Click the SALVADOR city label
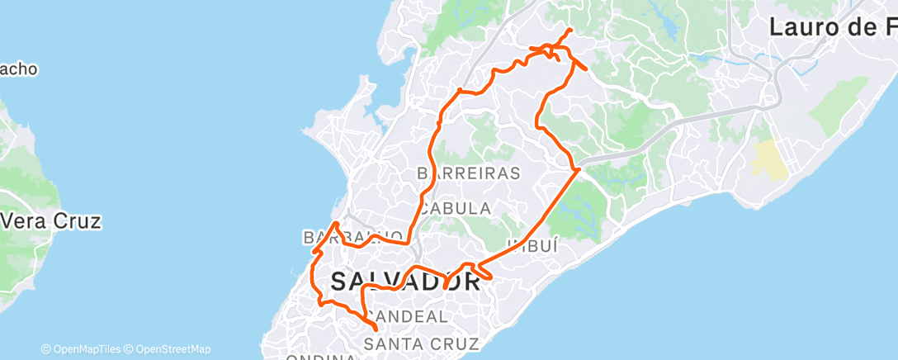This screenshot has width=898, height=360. [x=405, y=281]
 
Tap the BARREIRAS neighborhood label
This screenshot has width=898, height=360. [x=469, y=173]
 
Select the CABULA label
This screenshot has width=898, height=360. [x=454, y=208]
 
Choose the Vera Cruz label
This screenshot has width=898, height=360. [x=51, y=221]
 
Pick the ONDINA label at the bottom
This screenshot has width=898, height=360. [x=322, y=357]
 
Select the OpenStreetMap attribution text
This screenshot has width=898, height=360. [x=173, y=349]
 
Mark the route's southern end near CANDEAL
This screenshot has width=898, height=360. [x=376, y=330]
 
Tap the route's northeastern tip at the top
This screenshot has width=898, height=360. [x=570, y=31]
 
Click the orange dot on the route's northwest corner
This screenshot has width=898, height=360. [x=459, y=90]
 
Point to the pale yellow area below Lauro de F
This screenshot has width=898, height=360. [x=768, y=159]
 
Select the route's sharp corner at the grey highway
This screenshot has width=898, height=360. [x=579, y=169]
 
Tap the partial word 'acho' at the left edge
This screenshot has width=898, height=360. [x=18, y=69]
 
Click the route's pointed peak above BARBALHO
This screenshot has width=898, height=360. [x=334, y=223]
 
